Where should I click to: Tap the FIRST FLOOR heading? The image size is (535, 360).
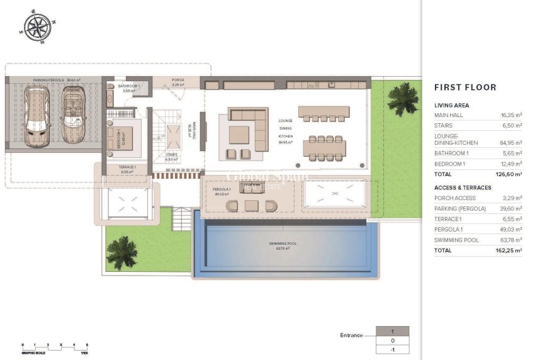click(x=465, y=87)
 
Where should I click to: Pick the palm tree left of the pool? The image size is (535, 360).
click(x=121, y=252)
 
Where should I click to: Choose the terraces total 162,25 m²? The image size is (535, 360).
click(x=510, y=250)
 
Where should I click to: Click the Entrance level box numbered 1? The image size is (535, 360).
click(x=392, y=331)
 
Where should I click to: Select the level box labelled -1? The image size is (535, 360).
click(x=392, y=351)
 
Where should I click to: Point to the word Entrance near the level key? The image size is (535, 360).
click(x=351, y=335)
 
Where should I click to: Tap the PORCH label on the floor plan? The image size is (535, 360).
click(x=178, y=81)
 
